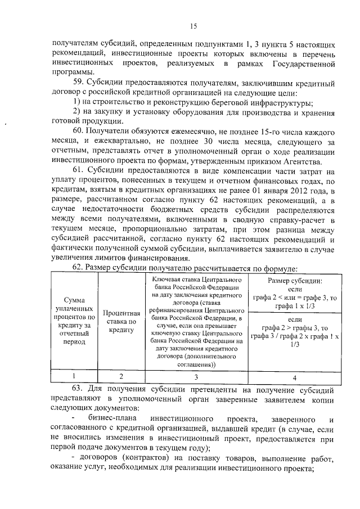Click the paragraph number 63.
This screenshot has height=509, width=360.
point(79,389)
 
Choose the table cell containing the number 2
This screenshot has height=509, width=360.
point(121,376)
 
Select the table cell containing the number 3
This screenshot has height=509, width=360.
point(196,376)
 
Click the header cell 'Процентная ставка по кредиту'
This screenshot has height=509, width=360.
point(121,321)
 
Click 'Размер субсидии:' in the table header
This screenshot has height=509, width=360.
point(295,280)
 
